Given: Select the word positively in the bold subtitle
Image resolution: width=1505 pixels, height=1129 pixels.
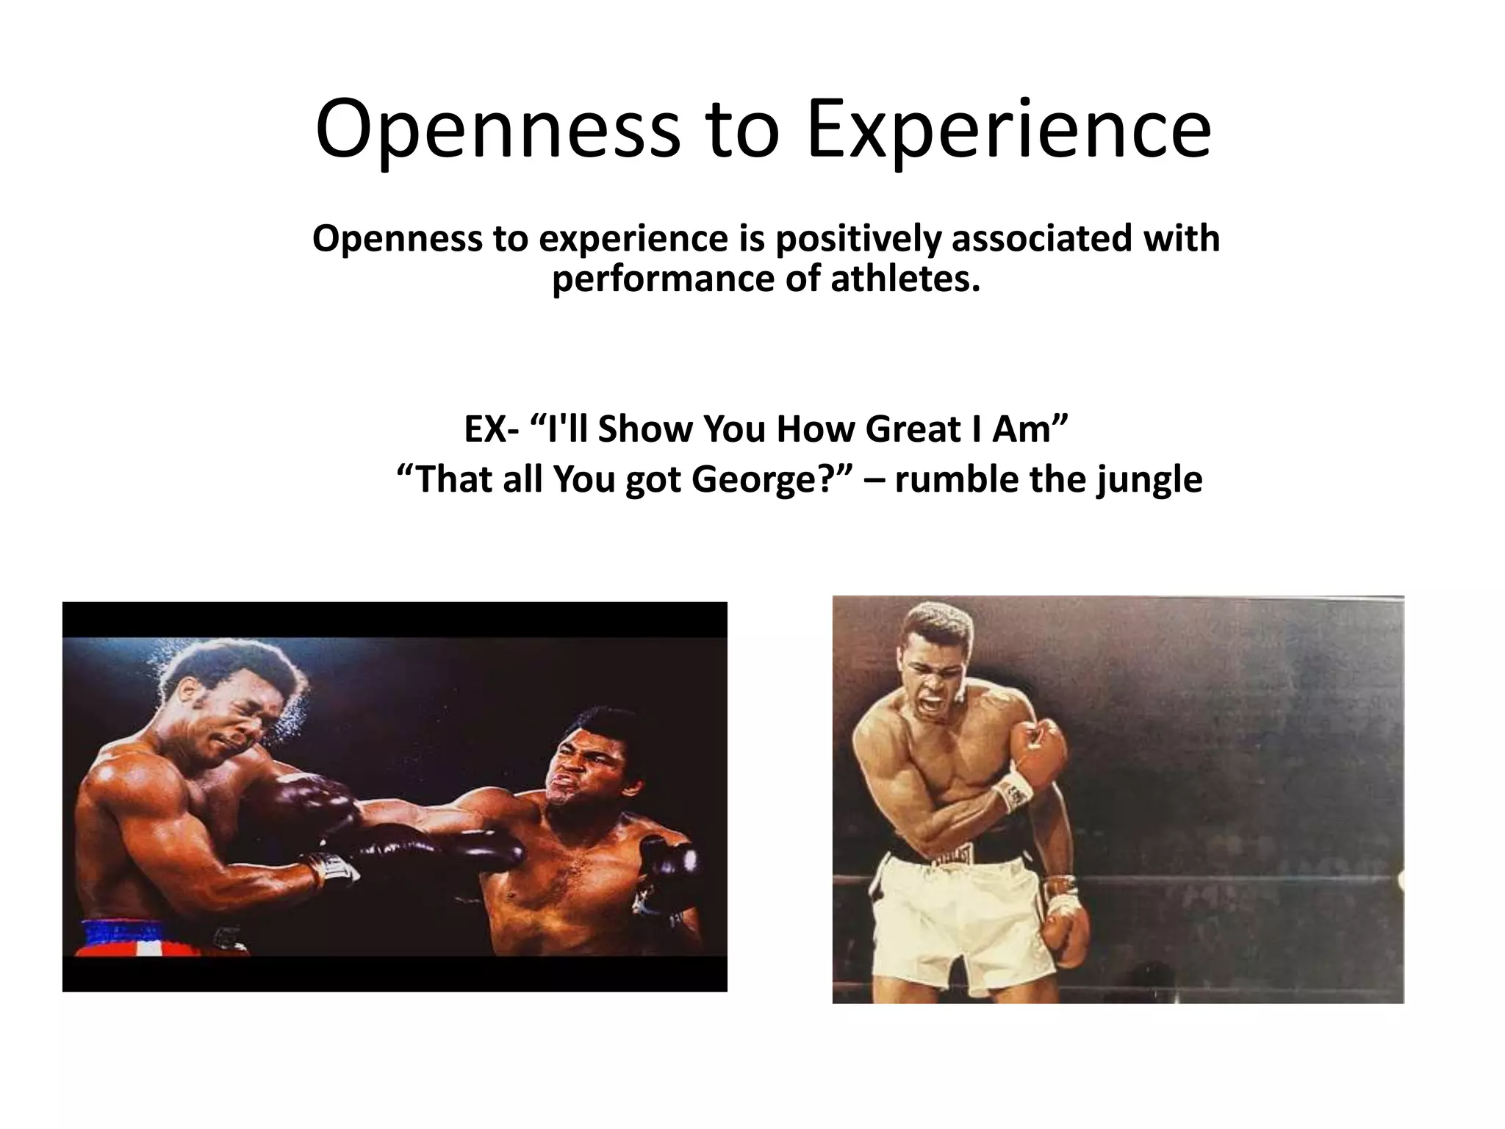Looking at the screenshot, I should point(858,238).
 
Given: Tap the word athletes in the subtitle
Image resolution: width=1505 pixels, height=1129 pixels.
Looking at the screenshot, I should point(905,279).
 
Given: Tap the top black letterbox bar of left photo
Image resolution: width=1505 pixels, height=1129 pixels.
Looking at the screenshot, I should point(395,619).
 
